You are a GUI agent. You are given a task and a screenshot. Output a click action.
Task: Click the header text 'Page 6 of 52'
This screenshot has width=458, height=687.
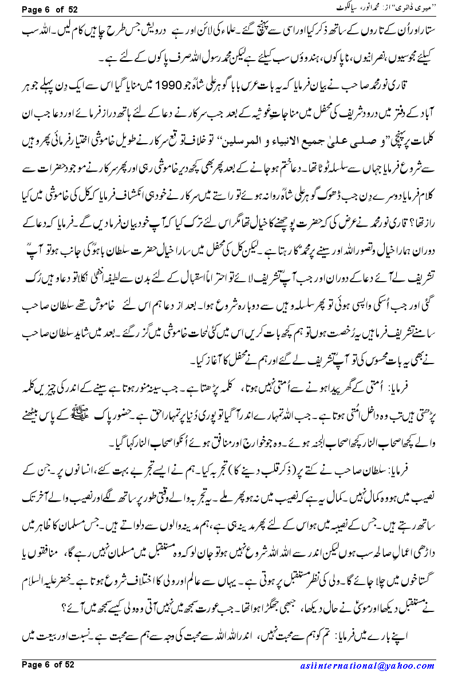click(49, 9)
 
